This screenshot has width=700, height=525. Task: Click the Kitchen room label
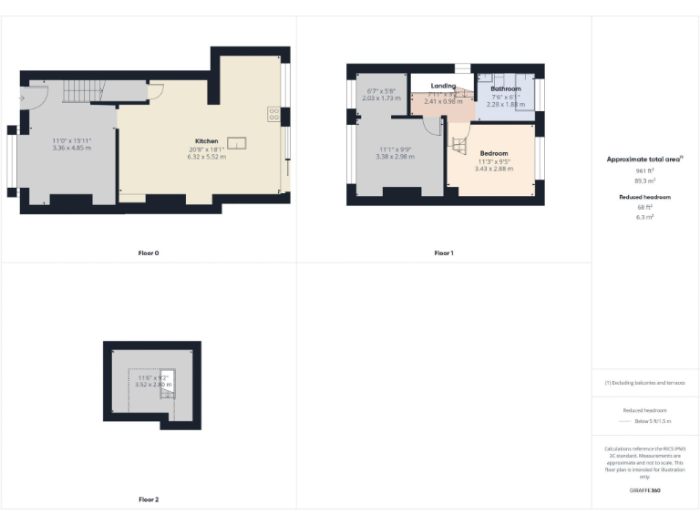(x=206, y=141)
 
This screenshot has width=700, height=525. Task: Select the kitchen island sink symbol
(x=237, y=141)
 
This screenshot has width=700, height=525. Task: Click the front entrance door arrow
(x=21, y=97)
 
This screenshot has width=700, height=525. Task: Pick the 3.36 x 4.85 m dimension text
(x=71, y=148)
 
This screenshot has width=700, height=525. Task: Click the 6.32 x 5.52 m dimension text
(x=206, y=156)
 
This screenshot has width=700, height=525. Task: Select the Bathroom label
(x=506, y=89)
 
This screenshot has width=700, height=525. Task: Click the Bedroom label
(x=494, y=153)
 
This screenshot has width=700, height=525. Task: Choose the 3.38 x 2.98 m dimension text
(x=395, y=156)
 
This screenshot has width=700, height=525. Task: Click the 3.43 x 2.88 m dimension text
(x=494, y=168)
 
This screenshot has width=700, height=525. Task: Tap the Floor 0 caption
(x=149, y=252)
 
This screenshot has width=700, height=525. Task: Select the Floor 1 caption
(x=443, y=252)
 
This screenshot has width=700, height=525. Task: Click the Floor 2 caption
(x=149, y=499)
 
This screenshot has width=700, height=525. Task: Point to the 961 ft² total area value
(x=644, y=170)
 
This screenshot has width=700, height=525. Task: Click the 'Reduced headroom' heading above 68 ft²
(x=644, y=197)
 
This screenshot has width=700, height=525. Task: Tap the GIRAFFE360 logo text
(x=644, y=491)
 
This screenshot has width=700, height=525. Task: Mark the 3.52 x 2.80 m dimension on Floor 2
(x=152, y=385)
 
